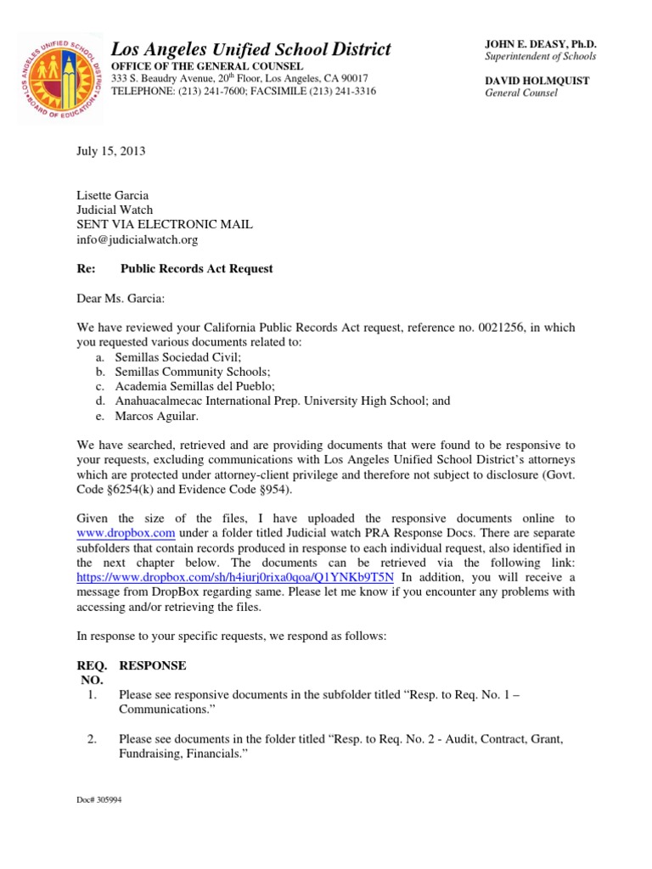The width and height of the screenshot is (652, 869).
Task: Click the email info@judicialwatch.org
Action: pyautogui.click(x=137, y=239)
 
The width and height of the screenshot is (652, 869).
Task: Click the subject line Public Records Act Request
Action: pyautogui.click(x=197, y=268)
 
